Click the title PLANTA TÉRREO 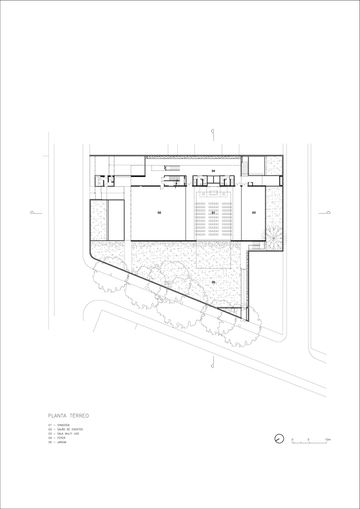69,415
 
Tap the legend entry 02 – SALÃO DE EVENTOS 65,429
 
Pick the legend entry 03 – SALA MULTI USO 64,434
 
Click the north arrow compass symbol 278,438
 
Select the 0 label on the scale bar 292,438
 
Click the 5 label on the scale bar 309,438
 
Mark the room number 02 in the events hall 159,212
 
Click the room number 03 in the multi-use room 254,212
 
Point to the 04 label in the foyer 214,171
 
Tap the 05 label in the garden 214,281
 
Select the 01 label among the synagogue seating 214,212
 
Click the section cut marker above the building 213,133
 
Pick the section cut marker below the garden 213,363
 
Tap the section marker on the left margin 32,212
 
